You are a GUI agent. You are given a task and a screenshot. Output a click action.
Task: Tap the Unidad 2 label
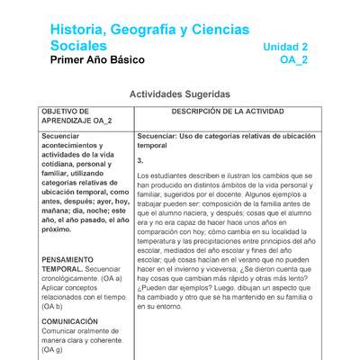coord(285,47)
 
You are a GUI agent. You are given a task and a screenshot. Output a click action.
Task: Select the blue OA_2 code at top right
coord(294,60)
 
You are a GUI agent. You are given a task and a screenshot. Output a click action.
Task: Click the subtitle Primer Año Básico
coord(97,60)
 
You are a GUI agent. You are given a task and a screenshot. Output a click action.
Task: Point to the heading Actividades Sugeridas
coord(179,94)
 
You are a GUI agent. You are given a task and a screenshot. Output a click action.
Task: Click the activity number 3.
coord(140,160)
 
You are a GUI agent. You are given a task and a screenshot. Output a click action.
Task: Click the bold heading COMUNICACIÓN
coord(69,321)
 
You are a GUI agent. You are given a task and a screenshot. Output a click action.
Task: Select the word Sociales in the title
coord(78,46)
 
